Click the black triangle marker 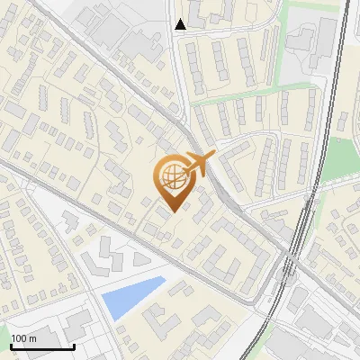tap(180, 24)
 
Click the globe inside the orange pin tap(171, 175)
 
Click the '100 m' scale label tap(23, 337)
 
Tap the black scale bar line tap(42, 346)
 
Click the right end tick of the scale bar tap(74, 344)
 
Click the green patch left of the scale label tap(4, 332)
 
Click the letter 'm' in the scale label tap(31, 337)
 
